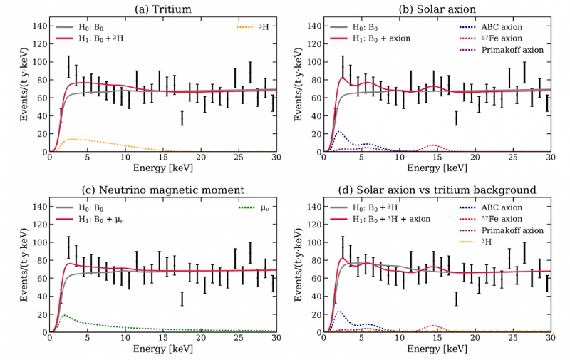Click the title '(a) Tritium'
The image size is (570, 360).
click(162, 9)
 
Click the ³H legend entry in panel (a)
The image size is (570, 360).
click(256, 27)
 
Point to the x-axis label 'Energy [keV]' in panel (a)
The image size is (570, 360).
click(162, 169)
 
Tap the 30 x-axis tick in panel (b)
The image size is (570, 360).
click(550, 158)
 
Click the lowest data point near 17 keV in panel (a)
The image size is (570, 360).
click(182, 118)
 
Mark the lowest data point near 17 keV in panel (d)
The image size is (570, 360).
click(456, 299)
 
